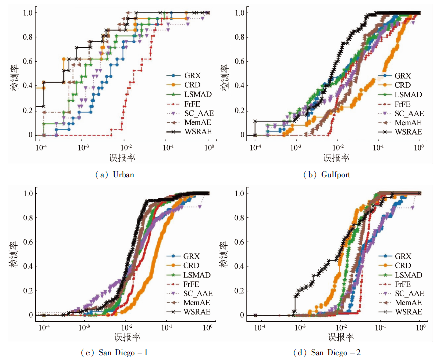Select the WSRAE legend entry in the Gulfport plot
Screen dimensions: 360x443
click(404, 132)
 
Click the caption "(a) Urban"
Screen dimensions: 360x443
click(115, 174)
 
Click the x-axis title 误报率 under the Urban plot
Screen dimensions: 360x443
click(122, 158)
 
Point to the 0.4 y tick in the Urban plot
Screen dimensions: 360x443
click(29, 86)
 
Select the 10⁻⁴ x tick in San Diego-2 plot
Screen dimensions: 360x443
click(260, 327)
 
